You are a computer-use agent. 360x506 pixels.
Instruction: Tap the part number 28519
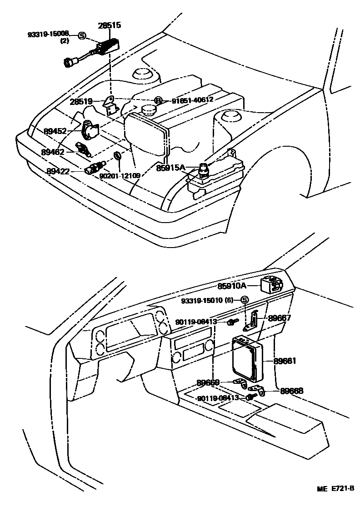click(82, 102)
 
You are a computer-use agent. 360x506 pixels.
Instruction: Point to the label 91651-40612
click(189, 100)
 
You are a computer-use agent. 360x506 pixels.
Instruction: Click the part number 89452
click(55, 131)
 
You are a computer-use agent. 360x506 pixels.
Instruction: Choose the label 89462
click(53, 152)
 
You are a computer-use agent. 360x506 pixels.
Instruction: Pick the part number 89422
click(58, 171)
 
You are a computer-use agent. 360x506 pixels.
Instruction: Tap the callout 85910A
click(232, 286)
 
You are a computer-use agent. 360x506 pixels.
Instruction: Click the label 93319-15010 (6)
click(210, 300)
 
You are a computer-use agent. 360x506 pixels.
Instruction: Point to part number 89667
click(279, 318)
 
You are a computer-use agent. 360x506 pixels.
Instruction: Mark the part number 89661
click(285, 361)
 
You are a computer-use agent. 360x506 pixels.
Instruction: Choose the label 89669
click(208, 382)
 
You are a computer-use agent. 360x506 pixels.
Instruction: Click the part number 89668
click(291, 390)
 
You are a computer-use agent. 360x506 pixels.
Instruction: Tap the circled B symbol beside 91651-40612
click(158, 100)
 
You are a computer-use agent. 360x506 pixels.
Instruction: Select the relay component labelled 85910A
click(272, 284)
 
